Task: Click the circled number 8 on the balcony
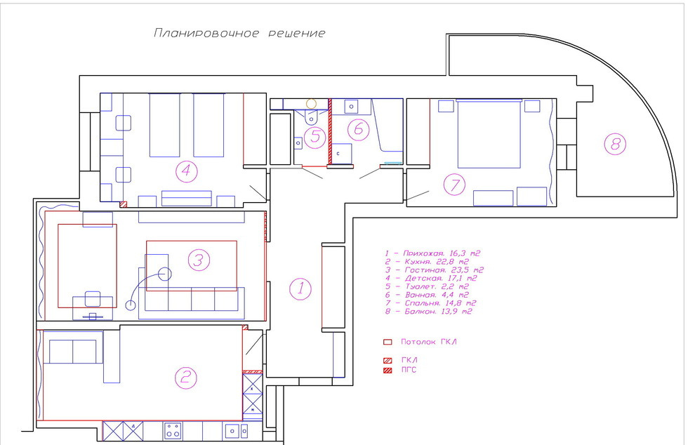[615, 145]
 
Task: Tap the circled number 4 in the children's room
[185, 170]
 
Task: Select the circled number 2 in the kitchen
[185, 378]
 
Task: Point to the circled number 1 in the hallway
[300, 288]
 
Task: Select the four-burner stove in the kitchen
[173, 430]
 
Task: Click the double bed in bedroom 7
[489, 134]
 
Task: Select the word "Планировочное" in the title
[204, 33]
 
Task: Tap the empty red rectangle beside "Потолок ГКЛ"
[387, 342]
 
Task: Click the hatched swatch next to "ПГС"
[387, 370]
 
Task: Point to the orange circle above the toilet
[312, 103]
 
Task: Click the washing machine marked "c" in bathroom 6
[341, 153]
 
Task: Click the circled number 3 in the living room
[199, 261]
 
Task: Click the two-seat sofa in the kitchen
[73, 350]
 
